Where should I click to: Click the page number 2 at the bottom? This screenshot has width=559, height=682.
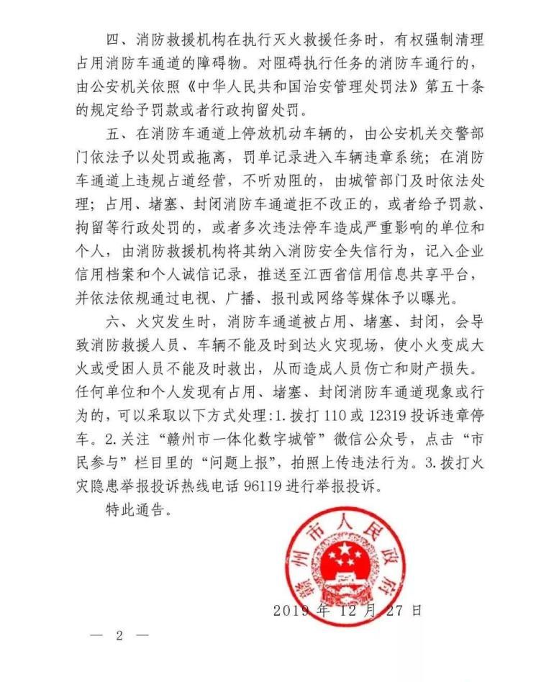[x=119, y=636]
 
